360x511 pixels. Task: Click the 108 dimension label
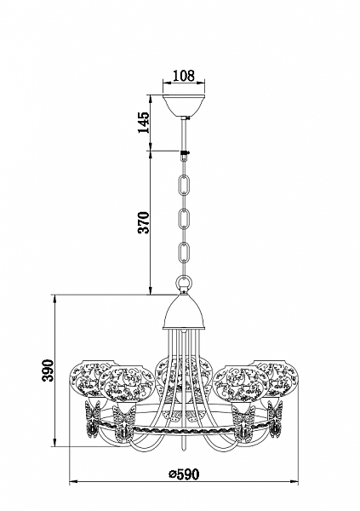tap(184, 76)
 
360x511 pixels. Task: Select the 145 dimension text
tap(143, 123)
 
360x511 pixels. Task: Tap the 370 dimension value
tap(143, 222)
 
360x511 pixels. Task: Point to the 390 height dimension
tap(48, 370)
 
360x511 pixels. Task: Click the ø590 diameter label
tap(184, 474)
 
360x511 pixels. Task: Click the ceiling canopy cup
tap(184, 106)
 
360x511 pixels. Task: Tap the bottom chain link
tap(185, 254)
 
